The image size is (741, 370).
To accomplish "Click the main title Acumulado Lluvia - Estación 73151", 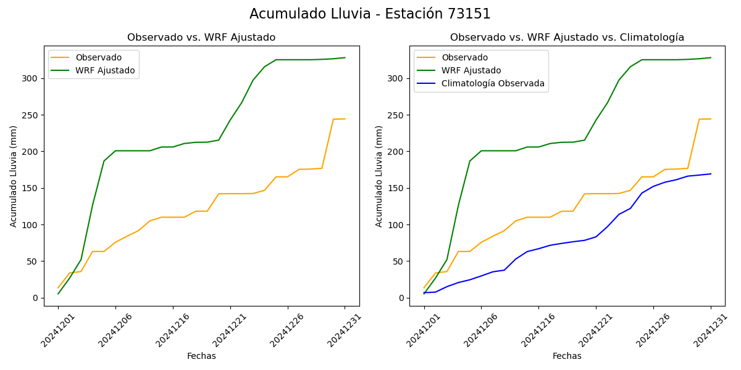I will (370, 14).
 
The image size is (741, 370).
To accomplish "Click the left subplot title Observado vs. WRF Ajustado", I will (201, 38).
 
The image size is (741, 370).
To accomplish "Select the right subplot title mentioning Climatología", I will (567, 38).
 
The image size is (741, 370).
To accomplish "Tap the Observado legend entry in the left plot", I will (98, 57).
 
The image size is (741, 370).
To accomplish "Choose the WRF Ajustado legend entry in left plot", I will (105, 70).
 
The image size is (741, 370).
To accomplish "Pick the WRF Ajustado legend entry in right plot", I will (471, 70).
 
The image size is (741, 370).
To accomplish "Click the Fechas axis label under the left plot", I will (201, 356).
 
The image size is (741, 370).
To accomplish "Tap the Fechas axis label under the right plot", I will (567, 356).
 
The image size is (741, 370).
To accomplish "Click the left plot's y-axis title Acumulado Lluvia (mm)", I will (14, 176).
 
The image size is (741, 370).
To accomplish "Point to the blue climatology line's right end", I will (711, 174).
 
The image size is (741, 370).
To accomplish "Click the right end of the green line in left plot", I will (345, 58).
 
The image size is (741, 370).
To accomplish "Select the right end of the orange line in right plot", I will (711, 119).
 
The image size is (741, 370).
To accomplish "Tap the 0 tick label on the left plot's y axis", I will (36, 298).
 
